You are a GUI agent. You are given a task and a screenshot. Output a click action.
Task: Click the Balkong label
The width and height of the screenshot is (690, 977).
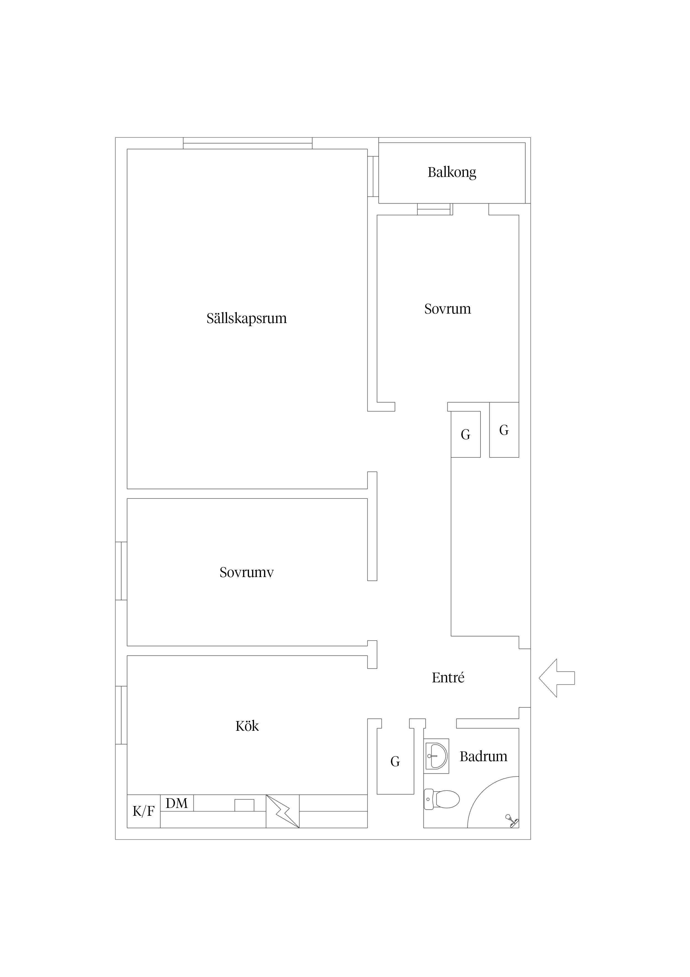452,172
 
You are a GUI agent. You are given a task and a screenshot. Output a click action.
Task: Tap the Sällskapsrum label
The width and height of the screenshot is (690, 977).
247,318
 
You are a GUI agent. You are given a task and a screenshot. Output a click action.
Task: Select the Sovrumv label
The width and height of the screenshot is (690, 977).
247,572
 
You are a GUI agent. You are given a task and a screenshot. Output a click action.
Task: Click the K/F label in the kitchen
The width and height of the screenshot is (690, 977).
144,812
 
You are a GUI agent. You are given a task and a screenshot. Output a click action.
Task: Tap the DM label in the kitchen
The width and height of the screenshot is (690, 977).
177,803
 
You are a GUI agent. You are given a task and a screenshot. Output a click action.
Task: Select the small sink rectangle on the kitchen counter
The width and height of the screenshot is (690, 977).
245,805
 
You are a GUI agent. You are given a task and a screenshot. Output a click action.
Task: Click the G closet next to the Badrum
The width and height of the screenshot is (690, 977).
395,762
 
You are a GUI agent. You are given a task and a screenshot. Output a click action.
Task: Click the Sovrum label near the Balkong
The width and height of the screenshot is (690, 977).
448,309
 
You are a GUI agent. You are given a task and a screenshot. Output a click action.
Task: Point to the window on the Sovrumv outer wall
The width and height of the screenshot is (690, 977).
121,571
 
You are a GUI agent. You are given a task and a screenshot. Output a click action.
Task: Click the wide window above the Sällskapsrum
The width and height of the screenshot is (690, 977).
248,143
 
